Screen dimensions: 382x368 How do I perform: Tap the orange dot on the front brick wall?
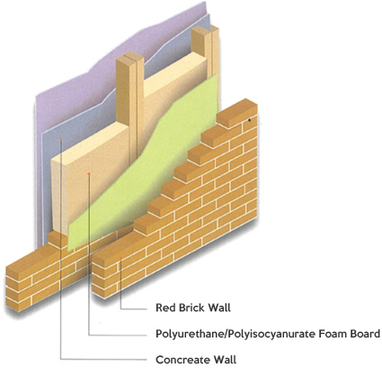click(x=120, y=258)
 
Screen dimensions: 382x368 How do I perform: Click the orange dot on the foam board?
click(x=89, y=173)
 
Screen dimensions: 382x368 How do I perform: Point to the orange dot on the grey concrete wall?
click(x=61, y=139)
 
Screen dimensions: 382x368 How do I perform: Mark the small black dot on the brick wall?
click(x=249, y=120)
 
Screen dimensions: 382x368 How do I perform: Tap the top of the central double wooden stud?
click(x=130, y=57)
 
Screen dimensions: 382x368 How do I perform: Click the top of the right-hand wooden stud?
click(x=205, y=29)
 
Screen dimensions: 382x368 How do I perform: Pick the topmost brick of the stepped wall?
click(x=237, y=112)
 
